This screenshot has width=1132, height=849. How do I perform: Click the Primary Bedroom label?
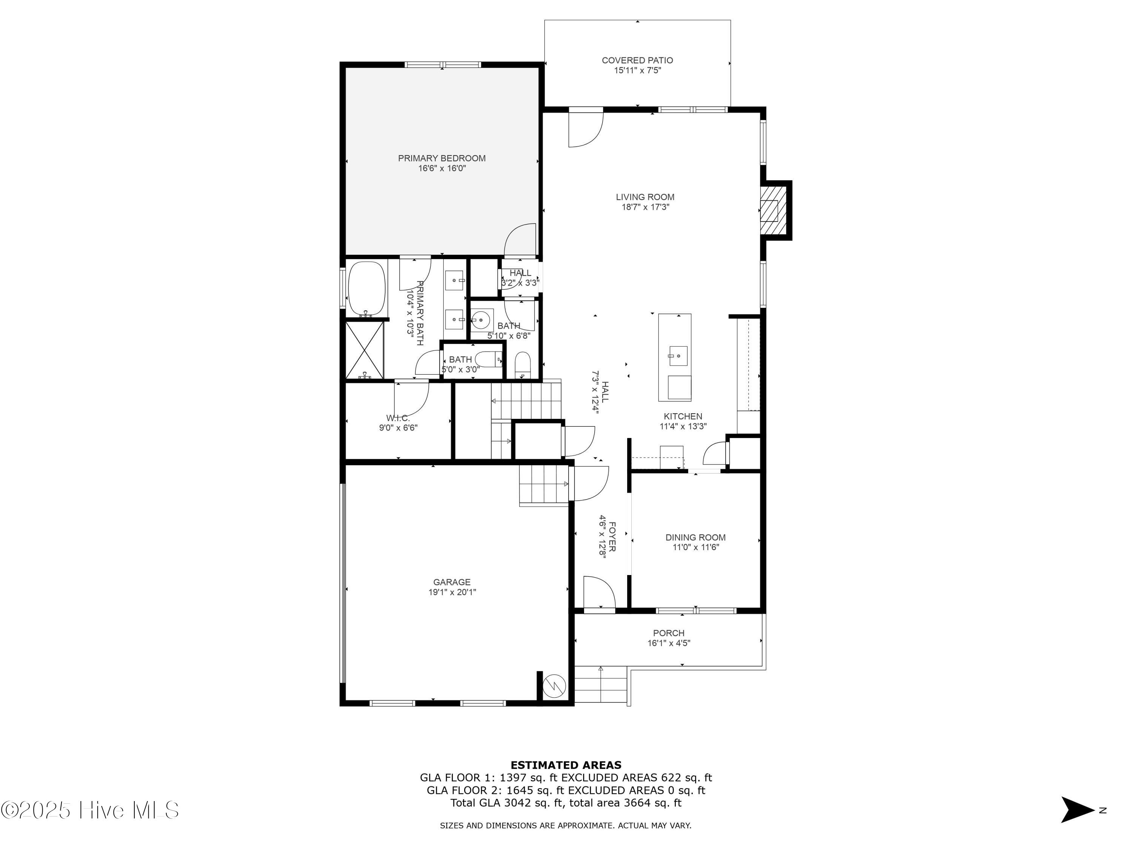coord(441,158)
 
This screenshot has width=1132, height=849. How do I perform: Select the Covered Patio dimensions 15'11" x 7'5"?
coord(637,71)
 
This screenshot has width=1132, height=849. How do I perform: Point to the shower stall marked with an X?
coord(365,350)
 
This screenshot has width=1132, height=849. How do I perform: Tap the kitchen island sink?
coord(678,355)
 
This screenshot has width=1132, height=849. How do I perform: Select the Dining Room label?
coord(695,537)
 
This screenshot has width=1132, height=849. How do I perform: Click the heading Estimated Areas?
coord(566,765)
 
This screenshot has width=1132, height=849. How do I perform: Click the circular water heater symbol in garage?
coord(554,686)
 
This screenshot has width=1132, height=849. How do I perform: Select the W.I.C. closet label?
coord(398,418)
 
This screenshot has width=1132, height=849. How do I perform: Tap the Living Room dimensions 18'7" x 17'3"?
coord(645,207)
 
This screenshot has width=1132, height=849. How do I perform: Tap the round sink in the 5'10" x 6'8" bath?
coord(481,321)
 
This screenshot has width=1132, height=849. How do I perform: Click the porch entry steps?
coord(600,685)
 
